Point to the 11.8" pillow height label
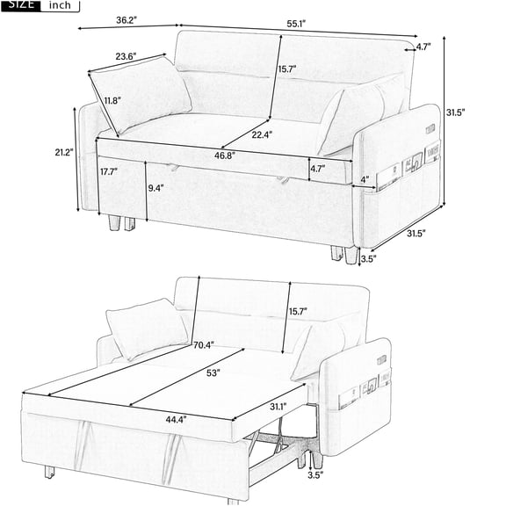112,100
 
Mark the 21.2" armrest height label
61,153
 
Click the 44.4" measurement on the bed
177,420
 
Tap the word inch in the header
60,5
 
